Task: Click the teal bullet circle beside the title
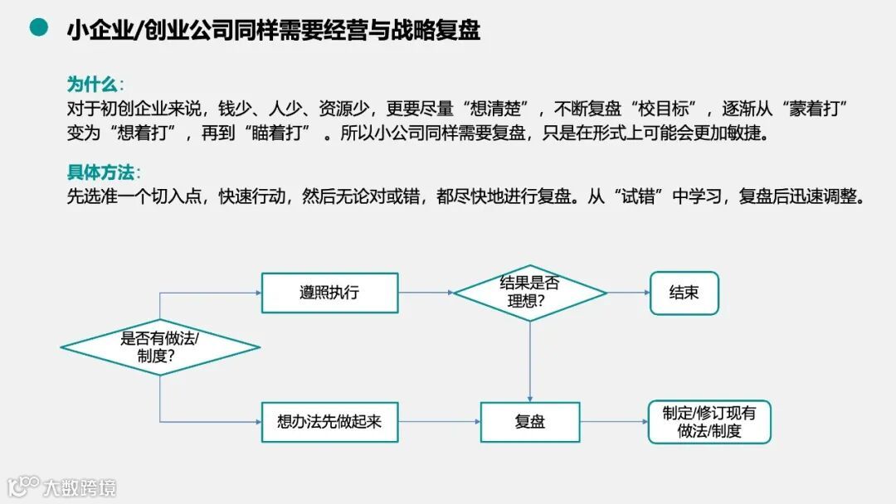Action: (x=39, y=28)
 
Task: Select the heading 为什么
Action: (x=93, y=85)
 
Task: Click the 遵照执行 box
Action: (x=329, y=293)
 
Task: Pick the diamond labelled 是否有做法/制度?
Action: (x=160, y=347)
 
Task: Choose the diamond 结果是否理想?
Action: (x=529, y=292)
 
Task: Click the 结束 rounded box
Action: (x=684, y=293)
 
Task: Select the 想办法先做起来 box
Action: (x=329, y=421)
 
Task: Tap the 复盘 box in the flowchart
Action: (x=529, y=421)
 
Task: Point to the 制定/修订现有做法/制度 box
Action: (x=709, y=421)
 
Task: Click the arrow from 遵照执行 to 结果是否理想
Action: (x=426, y=293)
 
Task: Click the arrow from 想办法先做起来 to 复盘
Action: (x=439, y=421)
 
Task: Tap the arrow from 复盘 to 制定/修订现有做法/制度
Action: (x=613, y=421)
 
